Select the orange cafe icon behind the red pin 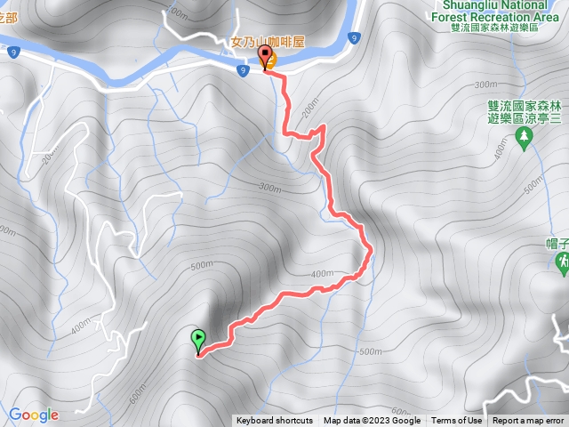271,60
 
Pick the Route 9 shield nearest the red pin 243,69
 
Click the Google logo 34,415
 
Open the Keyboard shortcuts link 275,421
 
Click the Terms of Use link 457,421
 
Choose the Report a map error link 531,421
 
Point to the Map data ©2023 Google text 372,421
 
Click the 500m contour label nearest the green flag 200,264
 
